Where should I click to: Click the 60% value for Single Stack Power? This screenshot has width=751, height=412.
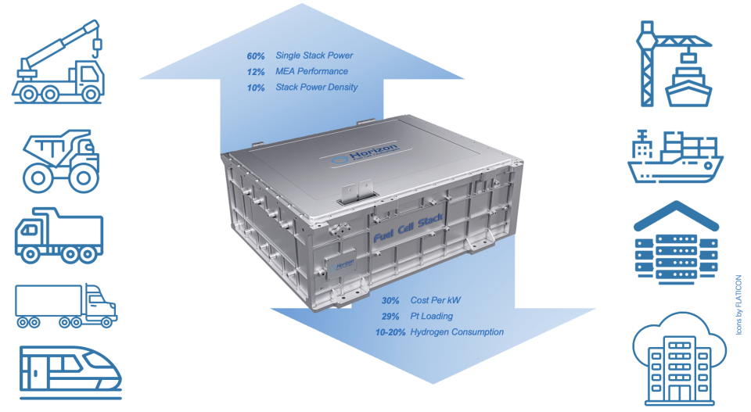256,56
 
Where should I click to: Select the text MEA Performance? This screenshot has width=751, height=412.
312,71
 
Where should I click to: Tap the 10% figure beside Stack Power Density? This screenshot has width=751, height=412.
256,88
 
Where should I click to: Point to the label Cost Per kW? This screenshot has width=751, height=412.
436,300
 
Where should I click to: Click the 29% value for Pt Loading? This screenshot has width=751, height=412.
390,317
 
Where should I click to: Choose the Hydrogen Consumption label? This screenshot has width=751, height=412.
457,332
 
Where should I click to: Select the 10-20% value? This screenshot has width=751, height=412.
390,332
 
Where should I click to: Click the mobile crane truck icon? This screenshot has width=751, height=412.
57,62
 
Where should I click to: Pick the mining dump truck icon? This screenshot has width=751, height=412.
61,161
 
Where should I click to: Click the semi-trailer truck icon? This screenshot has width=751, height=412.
66,306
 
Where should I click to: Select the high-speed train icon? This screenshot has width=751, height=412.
70,373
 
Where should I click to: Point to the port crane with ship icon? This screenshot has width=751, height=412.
674,63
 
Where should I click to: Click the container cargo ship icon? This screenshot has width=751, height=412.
675,156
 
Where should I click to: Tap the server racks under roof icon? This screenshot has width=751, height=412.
676,242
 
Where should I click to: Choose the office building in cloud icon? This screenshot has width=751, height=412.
679,359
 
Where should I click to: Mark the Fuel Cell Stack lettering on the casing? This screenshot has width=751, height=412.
408,227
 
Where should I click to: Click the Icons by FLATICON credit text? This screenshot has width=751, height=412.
739,305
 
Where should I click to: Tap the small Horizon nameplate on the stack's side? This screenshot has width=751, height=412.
341,266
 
